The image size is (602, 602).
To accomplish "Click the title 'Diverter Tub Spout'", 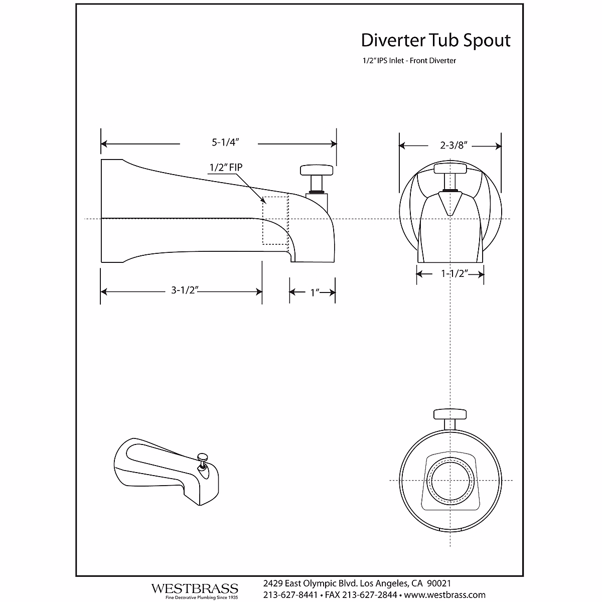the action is click(x=435, y=41).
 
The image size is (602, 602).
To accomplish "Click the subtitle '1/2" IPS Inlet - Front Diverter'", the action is click(x=409, y=61).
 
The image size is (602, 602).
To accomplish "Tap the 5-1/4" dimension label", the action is click(x=225, y=142).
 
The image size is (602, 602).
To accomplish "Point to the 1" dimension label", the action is click(x=315, y=292).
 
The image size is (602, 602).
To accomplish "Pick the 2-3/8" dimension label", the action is click(x=454, y=145).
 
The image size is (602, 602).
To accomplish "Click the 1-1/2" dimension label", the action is click(x=455, y=274).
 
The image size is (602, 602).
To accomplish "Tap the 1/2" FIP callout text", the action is click(x=226, y=168).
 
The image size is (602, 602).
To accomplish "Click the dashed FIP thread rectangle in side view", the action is click(x=275, y=220).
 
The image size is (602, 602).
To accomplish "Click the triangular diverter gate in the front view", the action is click(x=450, y=203).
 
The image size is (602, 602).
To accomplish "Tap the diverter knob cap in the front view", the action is click(x=450, y=169).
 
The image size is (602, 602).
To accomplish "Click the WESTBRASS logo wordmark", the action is click(x=195, y=588).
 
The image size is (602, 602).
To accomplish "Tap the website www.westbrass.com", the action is click(x=445, y=594).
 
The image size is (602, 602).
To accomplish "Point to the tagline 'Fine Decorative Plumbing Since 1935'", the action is click(x=202, y=597).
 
